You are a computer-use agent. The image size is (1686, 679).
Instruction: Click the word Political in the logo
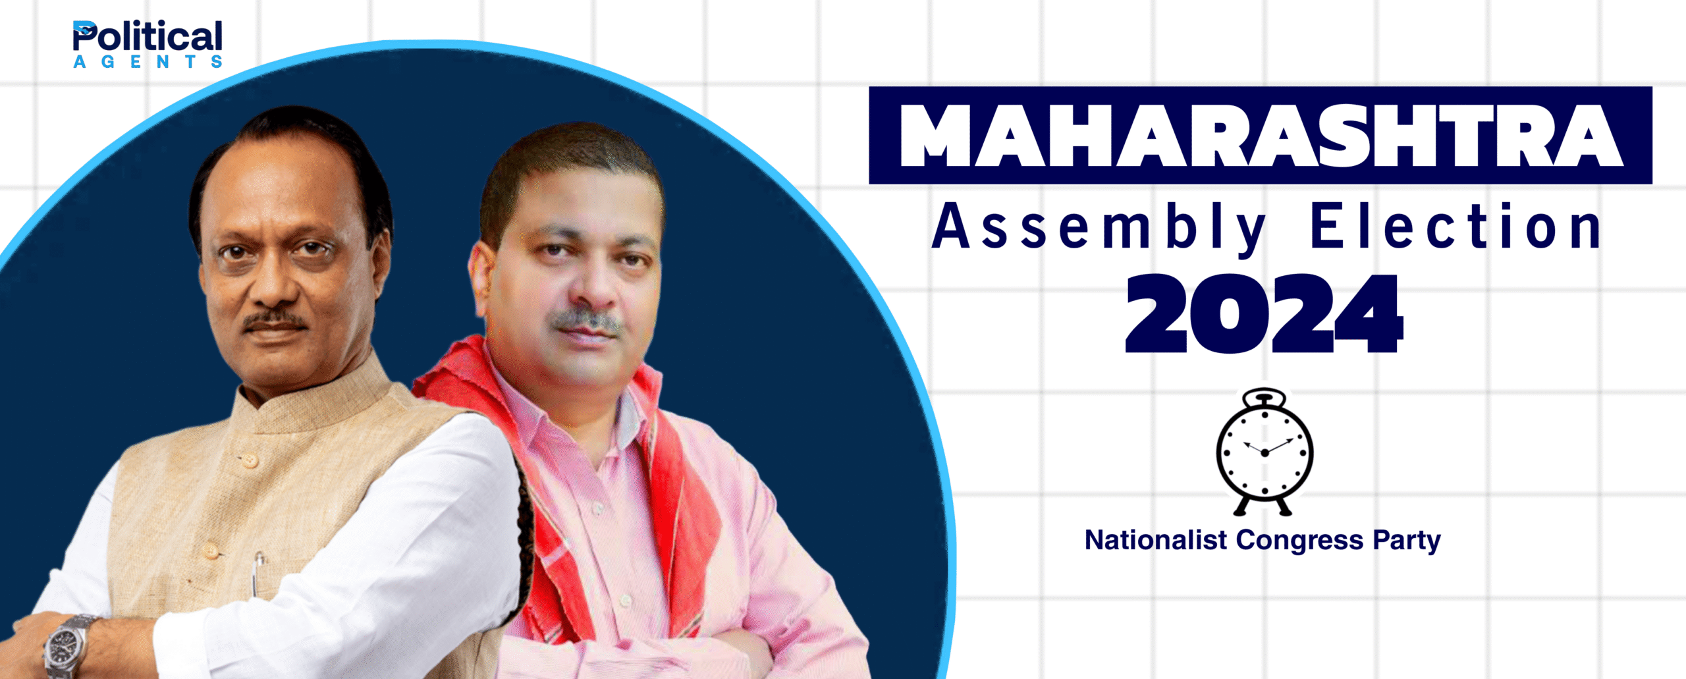[x=148, y=37]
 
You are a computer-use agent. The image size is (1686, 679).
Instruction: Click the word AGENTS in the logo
[x=148, y=61]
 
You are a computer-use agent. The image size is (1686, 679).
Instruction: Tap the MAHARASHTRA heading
[x=1260, y=135]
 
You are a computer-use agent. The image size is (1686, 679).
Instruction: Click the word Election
[x=1456, y=226]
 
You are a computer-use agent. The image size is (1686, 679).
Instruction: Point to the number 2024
[x=1264, y=313]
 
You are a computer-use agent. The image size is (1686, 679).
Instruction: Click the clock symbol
[x=1264, y=451]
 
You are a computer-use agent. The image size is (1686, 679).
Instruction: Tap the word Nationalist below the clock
[x=1156, y=540]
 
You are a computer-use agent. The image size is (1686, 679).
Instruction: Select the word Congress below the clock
[x=1299, y=541]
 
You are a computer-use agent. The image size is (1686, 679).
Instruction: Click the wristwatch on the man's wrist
[x=69, y=645]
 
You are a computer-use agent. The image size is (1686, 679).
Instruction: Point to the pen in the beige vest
[x=258, y=573]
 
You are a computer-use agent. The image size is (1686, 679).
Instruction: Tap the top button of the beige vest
[x=250, y=460]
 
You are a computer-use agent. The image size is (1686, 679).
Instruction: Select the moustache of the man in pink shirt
[x=586, y=321]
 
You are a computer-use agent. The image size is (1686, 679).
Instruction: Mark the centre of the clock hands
[x=1264, y=453]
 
